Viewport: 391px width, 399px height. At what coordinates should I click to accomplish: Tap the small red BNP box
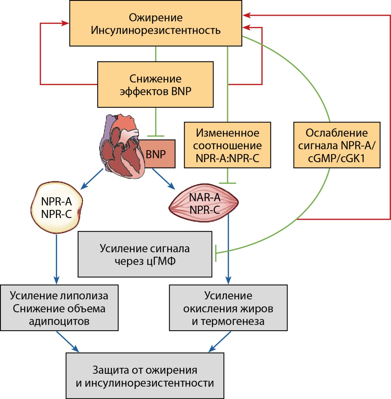point(159,154)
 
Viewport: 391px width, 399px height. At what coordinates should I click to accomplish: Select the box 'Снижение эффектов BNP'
point(155,85)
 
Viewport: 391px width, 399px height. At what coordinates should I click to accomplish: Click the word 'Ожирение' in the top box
point(155,17)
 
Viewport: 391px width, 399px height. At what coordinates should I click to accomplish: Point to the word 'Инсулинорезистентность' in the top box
point(155,30)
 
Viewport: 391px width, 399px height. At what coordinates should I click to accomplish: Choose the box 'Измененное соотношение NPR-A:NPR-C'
point(227,145)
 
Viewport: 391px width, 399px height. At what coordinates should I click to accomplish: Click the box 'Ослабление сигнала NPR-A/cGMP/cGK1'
point(337,145)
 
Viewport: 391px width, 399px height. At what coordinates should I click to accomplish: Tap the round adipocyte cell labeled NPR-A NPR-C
point(56,207)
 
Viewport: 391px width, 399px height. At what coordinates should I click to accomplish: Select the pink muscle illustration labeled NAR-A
point(204,203)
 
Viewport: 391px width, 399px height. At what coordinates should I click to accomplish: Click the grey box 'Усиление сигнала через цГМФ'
point(145,254)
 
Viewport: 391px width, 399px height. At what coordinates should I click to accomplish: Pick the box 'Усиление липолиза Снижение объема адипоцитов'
point(59,308)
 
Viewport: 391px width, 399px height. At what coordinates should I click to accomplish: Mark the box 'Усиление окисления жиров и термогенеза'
point(228,308)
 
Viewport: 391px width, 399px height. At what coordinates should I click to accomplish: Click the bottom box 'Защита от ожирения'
point(145,376)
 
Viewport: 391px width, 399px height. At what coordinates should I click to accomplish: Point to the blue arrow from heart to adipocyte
point(92,179)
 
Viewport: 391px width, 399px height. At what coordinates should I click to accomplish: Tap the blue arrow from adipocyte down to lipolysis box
point(56,258)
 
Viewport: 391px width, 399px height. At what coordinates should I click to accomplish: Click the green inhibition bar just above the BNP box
point(155,136)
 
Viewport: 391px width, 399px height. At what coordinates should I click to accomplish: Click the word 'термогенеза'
point(232,321)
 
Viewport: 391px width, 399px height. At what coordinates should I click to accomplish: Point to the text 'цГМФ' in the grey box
point(161,261)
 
